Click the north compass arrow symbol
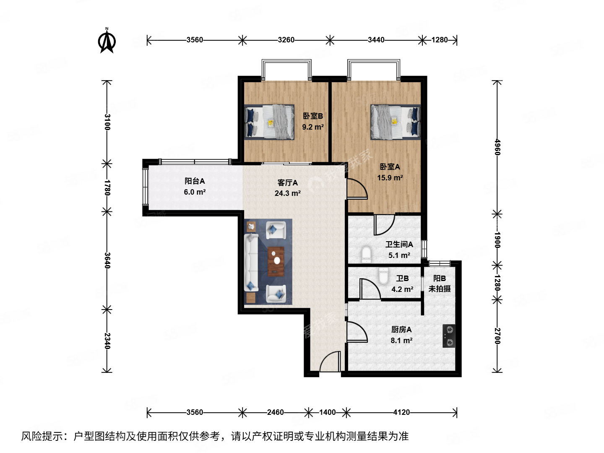pos(107,41)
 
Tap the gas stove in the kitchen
pos(449,336)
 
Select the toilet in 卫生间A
pos(366,254)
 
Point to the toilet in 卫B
pos(383,276)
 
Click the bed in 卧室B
pos(270,122)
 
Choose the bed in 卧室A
pos(395,122)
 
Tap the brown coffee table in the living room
pos(276,261)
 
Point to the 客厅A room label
pos(288,183)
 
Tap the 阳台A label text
pos(195,181)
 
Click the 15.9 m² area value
pos(390,178)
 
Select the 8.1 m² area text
pos(401,341)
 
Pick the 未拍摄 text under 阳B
pos(440,289)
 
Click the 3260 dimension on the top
pos(286,40)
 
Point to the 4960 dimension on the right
pos(497,147)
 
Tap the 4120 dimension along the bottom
pos(401,412)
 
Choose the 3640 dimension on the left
pos(107,260)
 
